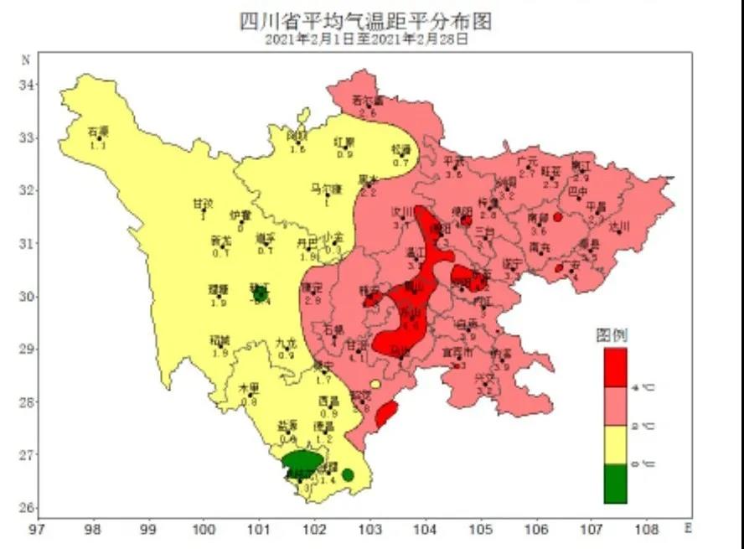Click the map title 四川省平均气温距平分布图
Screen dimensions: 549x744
pyautogui.click(x=366, y=21)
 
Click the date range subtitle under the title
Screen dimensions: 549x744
pyautogui.click(x=366, y=39)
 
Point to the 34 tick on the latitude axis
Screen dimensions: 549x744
pyautogui.click(x=26, y=85)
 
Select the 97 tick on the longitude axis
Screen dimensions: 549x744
pyautogui.click(x=36, y=530)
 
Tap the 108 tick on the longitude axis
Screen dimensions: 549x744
pyautogui.click(x=647, y=530)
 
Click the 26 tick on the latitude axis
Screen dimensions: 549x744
pyautogui.click(x=26, y=509)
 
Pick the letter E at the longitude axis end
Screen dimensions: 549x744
pyautogui.click(x=689, y=529)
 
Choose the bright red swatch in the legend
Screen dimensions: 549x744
pyautogui.click(x=615, y=367)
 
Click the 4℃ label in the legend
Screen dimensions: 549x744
pyautogui.click(x=647, y=388)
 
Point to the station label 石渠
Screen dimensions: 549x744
pyautogui.click(x=98, y=132)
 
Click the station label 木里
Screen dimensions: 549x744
pyautogui.click(x=248, y=389)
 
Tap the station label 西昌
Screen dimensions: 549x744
pyautogui.click(x=328, y=401)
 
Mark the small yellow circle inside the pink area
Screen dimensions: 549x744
pyautogui.click(x=375, y=385)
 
